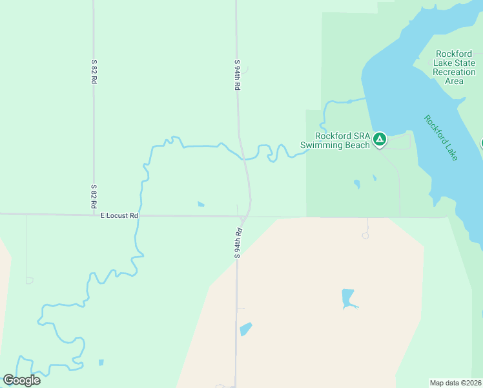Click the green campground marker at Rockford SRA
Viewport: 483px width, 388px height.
pyautogui.click(x=380, y=138)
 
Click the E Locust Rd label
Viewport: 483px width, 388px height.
pyautogui.click(x=119, y=215)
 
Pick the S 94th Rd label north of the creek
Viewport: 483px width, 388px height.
pyautogui.click(x=238, y=75)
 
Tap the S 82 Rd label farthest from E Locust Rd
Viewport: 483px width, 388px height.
pyautogui.click(x=94, y=72)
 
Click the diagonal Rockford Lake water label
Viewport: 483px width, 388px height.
pyautogui.click(x=441, y=137)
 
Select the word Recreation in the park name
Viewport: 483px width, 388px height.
pyautogui.click(x=454, y=72)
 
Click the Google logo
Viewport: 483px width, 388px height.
pyautogui.click(x=22, y=380)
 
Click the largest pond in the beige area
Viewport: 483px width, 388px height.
pyautogui.click(x=348, y=298)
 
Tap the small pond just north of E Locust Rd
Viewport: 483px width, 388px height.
pyautogui.click(x=201, y=204)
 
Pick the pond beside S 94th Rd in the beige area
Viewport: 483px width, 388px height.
pyautogui.click(x=245, y=329)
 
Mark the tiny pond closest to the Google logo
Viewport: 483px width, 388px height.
pyautogui.click(x=101, y=362)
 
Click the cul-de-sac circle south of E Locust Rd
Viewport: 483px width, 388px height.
pyautogui.click(x=365, y=236)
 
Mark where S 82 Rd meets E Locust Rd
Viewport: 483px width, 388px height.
pyautogui.click(x=94, y=214)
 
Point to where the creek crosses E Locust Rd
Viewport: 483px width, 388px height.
pyautogui.click(x=139, y=215)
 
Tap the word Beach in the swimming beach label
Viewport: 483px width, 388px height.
pyautogui.click(x=357, y=145)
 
